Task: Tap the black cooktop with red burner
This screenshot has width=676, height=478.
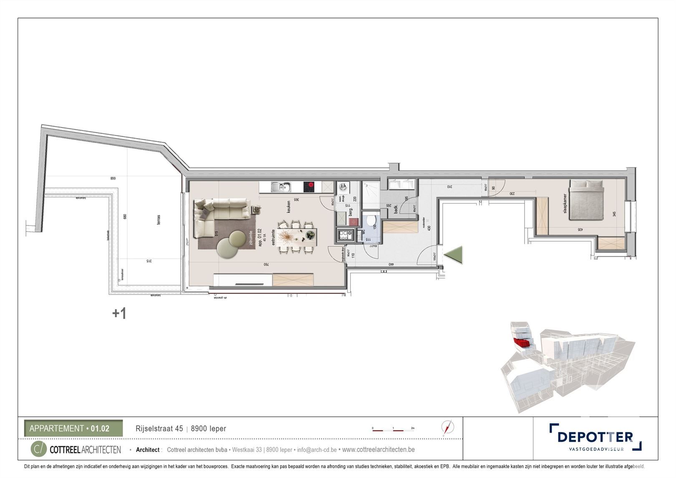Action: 309,187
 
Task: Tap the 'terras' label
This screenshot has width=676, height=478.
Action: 159,220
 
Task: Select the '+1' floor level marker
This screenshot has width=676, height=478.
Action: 119,314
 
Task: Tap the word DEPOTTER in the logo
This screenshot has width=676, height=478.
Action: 595,437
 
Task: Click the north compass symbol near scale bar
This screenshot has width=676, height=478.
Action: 448,427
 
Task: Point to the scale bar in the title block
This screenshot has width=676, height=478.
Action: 392,429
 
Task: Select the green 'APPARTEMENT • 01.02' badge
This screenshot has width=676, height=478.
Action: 73,428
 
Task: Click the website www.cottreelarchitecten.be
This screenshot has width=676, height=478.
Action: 378,450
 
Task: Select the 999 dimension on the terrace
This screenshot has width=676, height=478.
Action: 113,178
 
